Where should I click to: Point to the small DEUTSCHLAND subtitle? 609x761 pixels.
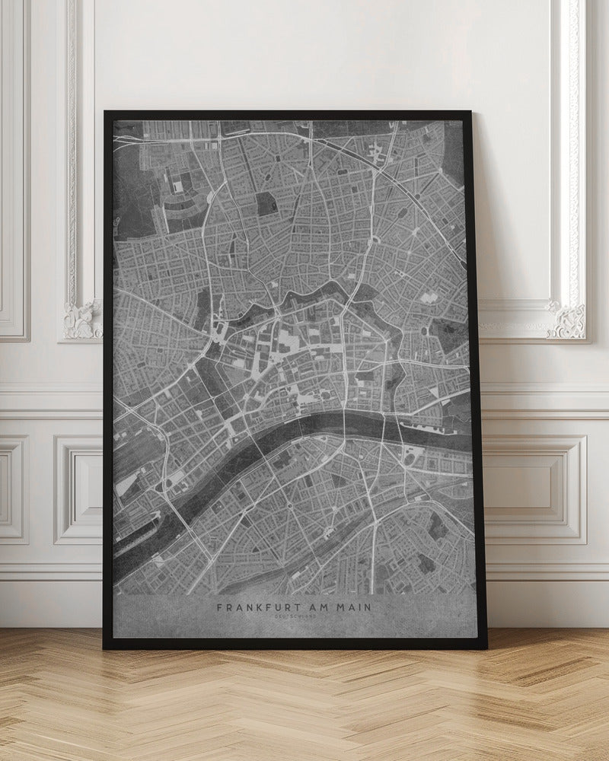click(295, 617)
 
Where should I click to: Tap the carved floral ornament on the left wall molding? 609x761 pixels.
click(82, 320)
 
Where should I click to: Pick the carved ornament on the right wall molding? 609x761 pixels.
click(567, 320)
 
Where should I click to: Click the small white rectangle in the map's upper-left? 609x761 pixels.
click(178, 185)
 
